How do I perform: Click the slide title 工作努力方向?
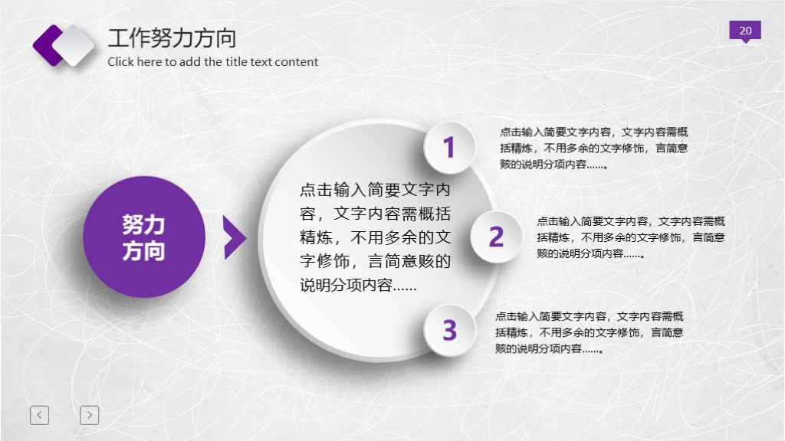[x=172, y=38]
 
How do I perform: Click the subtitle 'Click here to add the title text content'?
[x=212, y=62]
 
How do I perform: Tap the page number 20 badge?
[x=745, y=31]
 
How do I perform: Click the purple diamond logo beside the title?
[x=63, y=44]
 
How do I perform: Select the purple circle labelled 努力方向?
[x=144, y=237]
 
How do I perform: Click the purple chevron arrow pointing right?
[x=234, y=237]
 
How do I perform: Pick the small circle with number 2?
[x=496, y=237]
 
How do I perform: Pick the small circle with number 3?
[x=449, y=330]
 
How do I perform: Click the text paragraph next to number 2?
[x=630, y=237]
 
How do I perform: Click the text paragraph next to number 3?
[x=589, y=332]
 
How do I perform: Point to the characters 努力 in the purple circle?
[x=143, y=224]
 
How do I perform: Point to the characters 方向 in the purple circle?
[x=143, y=250]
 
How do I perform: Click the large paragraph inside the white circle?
[x=375, y=237]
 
